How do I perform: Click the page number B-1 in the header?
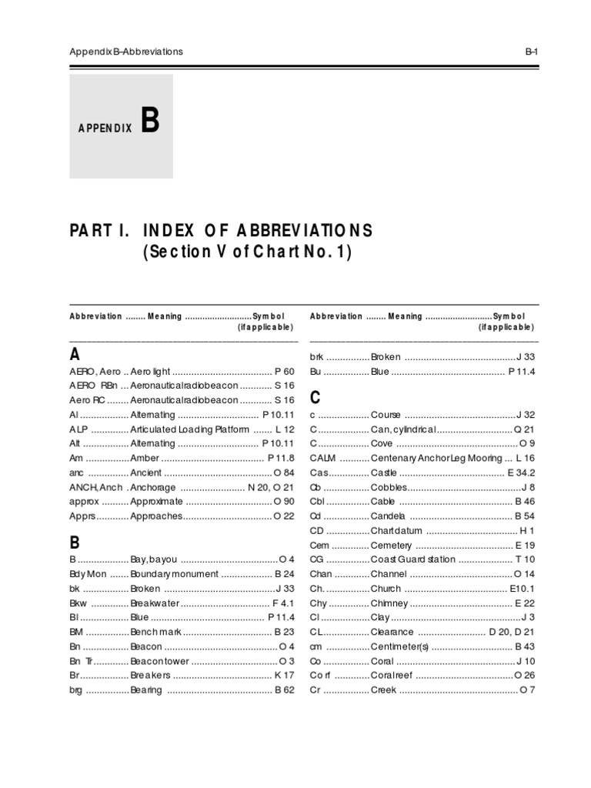(x=530, y=52)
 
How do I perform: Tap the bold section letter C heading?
(x=314, y=398)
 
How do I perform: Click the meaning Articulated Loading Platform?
(x=189, y=429)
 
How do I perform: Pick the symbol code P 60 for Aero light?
(x=284, y=371)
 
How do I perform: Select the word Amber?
(x=145, y=459)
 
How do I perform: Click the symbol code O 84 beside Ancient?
(x=284, y=473)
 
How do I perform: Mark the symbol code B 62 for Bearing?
(x=284, y=690)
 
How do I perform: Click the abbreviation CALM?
(x=323, y=458)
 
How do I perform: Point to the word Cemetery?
(x=393, y=545)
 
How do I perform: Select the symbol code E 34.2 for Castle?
(x=521, y=472)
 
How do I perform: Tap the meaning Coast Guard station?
(x=413, y=559)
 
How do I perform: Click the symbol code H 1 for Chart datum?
(x=527, y=531)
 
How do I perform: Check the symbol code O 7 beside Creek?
(x=527, y=690)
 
